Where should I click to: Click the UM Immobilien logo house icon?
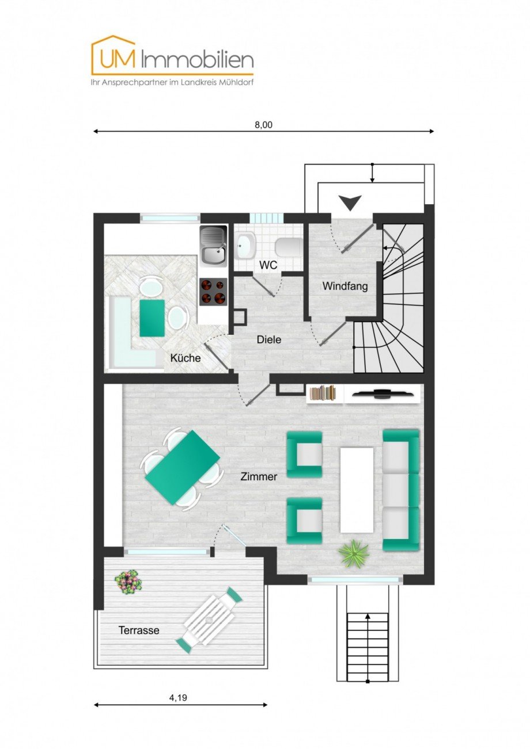[x=113, y=55]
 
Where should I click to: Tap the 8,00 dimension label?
[x=263, y=125]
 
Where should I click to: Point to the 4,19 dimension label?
[x=179, y=697]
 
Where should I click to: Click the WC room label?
[x=268, y=265]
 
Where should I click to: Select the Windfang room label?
[x=344, y=285]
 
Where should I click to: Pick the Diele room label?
[x=269, y=339]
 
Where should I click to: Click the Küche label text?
[x=185, y=358]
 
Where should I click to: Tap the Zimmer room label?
[x=259, y=476]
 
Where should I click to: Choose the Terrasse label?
[x=139, y=630]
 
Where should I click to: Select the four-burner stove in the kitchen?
[x=213, y=292]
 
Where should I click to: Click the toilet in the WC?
[x=288, y=247]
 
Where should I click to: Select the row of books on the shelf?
[x=323, y=393]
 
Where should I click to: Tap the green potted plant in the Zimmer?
[x=353, y=553]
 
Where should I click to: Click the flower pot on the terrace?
[x=128, y=582]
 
